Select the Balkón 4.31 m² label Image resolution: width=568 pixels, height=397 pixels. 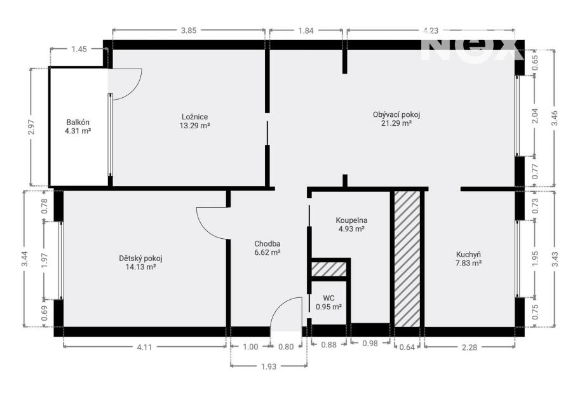(78, 127)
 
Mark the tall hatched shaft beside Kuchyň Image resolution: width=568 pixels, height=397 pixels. (407, 259)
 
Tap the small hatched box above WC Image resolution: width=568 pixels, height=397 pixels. (329, 269)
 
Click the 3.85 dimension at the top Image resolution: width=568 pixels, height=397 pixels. (188, 30)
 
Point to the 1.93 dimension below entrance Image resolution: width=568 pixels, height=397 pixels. (268, 367)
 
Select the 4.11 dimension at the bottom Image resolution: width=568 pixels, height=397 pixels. (144, 347)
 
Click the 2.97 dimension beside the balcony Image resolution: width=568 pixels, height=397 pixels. (31, 127)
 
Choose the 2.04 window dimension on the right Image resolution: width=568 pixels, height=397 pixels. (535, 116)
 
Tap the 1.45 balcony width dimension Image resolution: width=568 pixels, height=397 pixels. (79, 49)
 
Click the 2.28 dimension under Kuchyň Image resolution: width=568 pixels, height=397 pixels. (470, 347)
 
